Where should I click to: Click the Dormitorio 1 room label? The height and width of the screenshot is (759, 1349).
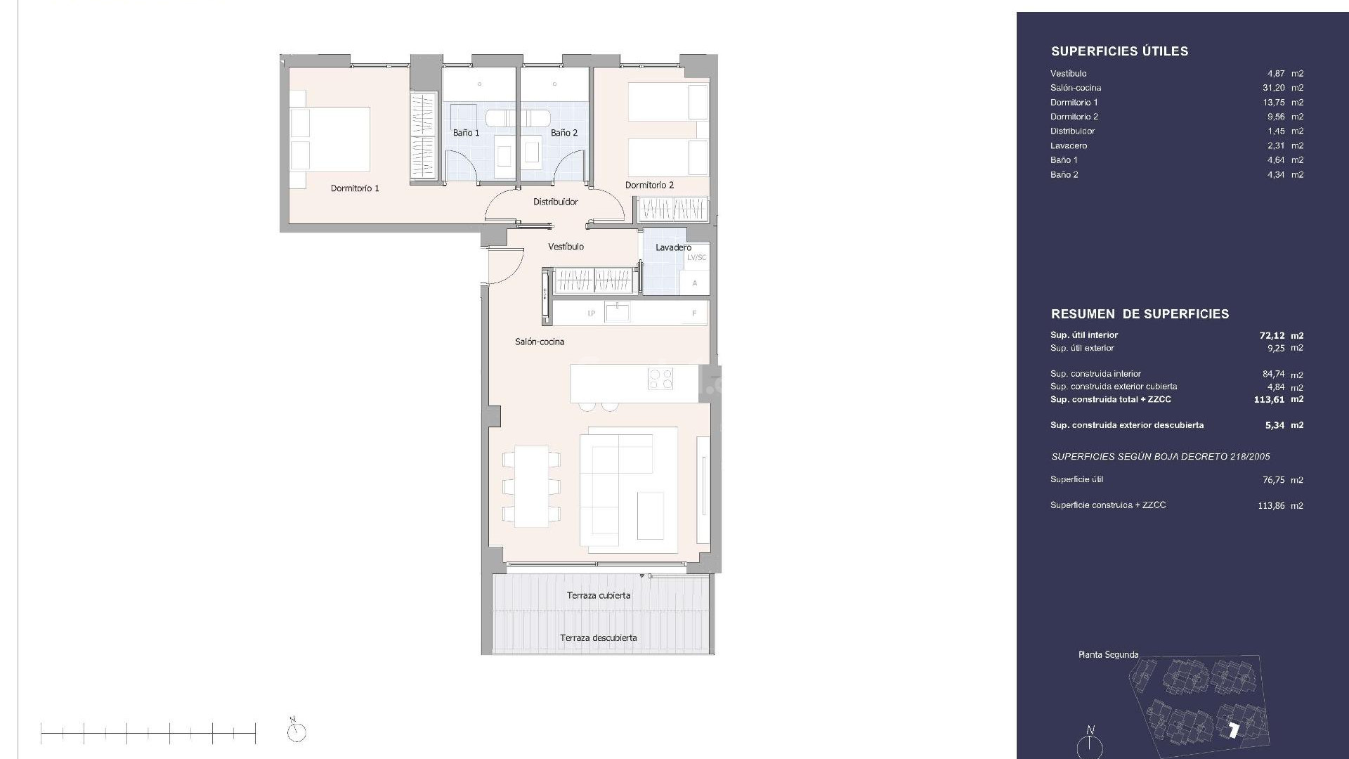point(355,188)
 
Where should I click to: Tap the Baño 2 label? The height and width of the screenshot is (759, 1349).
point(564,133)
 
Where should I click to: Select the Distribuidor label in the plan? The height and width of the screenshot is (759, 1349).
point(555,202)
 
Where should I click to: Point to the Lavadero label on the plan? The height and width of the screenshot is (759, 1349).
point(673,247)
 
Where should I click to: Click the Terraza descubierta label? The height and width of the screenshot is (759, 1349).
point(598,638)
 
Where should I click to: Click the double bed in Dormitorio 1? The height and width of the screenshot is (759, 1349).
point(330,139)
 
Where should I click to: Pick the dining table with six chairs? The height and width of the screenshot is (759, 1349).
point(531,486)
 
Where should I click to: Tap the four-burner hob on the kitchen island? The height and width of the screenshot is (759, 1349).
point(660,379)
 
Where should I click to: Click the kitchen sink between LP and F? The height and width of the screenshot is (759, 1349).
point(618,312)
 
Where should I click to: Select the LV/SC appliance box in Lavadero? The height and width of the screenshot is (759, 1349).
point(696,258)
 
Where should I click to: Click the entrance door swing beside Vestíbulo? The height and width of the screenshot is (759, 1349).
point(503,266)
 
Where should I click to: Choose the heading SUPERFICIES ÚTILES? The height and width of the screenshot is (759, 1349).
point(1119,51)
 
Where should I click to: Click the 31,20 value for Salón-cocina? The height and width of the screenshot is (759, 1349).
point(1273,88)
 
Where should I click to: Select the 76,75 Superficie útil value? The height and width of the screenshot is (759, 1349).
point(1273,480)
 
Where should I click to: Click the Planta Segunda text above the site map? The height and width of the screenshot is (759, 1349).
point(1108,654)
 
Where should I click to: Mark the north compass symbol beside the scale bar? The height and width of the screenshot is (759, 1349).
point(296,731)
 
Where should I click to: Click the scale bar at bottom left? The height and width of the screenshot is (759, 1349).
point(148,734)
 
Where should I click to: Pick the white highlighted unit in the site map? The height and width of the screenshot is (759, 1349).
point(1233,730)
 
